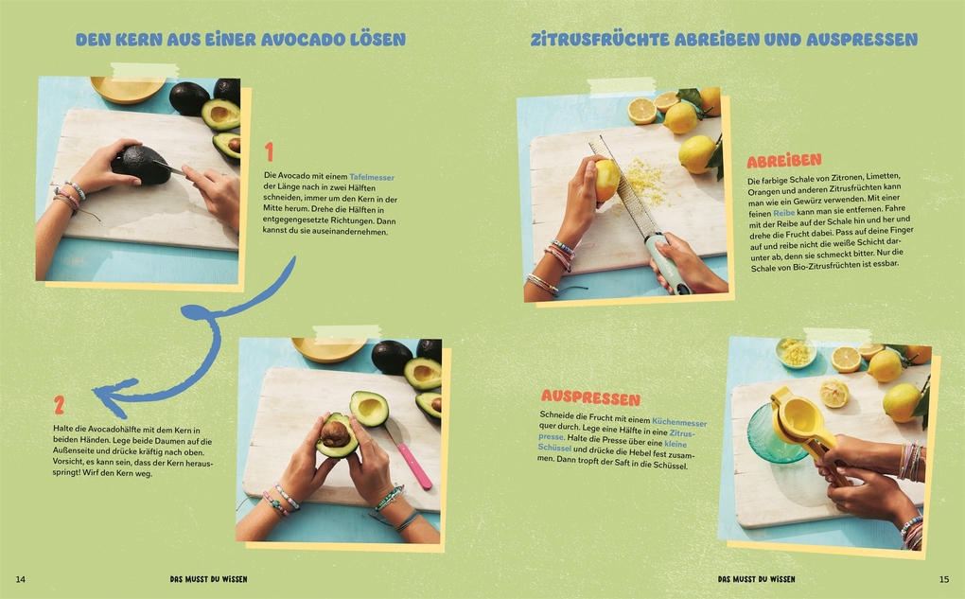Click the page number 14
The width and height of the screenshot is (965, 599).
click(21, 578)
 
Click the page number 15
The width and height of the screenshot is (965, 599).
click(943, 578)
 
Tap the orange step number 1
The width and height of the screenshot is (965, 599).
click(269, 152)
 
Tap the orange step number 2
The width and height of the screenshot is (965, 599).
click(59, 405)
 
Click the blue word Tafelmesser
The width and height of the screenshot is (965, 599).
click(372, 177)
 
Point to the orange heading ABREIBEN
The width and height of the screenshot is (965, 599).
click(784, 160)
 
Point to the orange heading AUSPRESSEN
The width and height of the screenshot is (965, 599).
click(590, 398)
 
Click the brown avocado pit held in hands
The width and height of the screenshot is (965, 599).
click(334, 434)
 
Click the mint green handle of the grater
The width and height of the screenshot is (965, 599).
click(667, 266)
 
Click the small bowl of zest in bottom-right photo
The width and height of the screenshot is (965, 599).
click(796, 353)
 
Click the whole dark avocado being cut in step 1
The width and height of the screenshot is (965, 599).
click(139, 164)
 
